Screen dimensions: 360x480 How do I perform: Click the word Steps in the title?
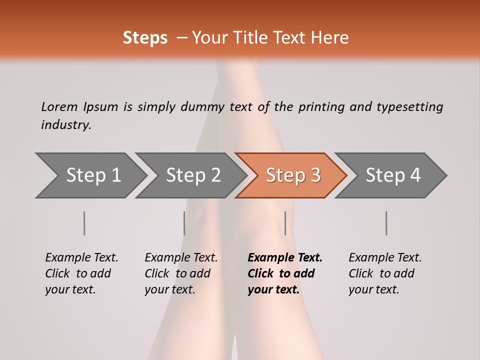click(x=145, y=38)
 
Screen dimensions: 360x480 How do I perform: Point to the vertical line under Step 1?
click(x=84, y=223)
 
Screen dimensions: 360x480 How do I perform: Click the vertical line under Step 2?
click(x=184, y=223)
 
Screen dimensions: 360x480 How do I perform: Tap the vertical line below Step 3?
click(x=285, y=223)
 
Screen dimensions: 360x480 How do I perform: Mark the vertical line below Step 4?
click(x=386, y=223)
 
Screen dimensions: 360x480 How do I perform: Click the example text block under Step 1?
click(x=81, y=273)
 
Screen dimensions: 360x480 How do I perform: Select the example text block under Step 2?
click(x=181, y=273)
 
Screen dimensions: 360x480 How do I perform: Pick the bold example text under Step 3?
click(x=285, y=273)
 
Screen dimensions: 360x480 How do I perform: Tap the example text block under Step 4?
click(x=385, y=273)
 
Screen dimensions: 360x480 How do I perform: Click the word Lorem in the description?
click(x=59, y=106)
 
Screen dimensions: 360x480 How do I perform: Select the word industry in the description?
click(x=66, y=125)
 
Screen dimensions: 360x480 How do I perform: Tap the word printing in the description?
click(x=321, y=107)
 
